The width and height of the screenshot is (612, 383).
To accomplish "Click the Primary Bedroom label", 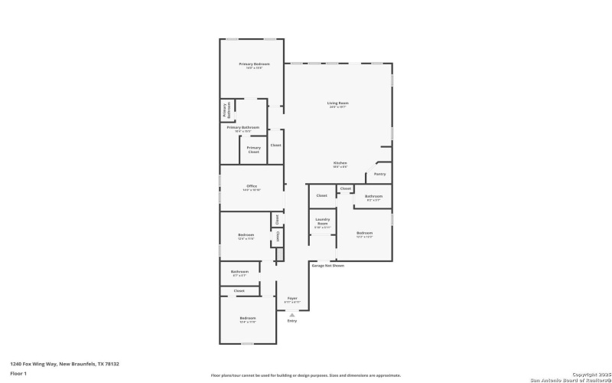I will point(250,64).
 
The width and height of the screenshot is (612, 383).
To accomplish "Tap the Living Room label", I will point(337,103).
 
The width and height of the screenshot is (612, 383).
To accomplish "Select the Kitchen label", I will point(340,163).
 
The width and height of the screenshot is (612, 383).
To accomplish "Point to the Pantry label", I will point(379,174).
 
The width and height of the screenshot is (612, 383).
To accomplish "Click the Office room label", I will point(252,186).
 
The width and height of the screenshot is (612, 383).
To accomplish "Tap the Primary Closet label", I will point(253,149).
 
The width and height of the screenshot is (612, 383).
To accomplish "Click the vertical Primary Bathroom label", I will point(226,111).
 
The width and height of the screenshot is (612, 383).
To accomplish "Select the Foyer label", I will point(292,299).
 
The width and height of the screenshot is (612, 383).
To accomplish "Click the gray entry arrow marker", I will point(291,314).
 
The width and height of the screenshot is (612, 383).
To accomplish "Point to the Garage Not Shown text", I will point(327,266).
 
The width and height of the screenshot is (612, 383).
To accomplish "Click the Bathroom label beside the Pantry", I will point(373,198).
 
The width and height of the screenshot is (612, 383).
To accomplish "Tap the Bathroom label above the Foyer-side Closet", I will point(239,271).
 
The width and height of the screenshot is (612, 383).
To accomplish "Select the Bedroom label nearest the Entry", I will point(247,318).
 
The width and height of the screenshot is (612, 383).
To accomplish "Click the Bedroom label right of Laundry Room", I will point(364,233).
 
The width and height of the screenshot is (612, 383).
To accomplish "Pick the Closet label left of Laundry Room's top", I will point(321,195).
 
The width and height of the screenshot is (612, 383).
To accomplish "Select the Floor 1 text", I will point(18,373).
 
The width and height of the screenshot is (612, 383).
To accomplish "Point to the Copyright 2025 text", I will point(586,375).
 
